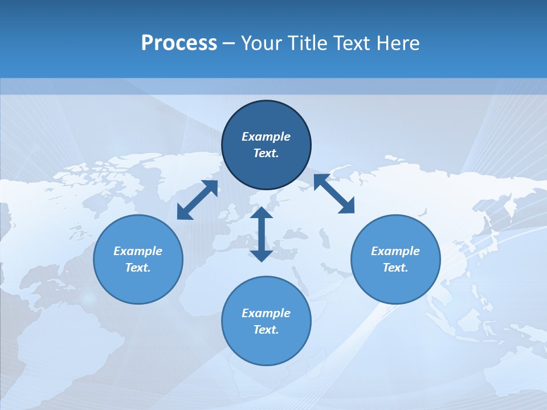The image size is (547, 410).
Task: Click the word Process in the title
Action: (179, 43)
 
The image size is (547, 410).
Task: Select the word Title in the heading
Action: (306, 43)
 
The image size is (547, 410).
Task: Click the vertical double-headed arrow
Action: (262, 234)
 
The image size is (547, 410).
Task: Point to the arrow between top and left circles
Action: (197, 200)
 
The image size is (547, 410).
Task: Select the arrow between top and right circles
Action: (334, 194)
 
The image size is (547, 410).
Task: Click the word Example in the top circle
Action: (266, 137)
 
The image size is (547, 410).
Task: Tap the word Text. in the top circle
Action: (266, 153)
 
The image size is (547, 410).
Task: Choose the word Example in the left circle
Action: (138, 251)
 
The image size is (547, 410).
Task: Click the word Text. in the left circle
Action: (138, 268)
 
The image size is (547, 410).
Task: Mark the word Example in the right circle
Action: (395, 251)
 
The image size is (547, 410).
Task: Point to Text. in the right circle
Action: (395, 268)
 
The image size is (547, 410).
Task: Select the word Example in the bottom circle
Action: (266, 313)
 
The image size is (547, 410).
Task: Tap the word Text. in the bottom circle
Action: (266, 330)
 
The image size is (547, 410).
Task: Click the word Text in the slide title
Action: (352, 43)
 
